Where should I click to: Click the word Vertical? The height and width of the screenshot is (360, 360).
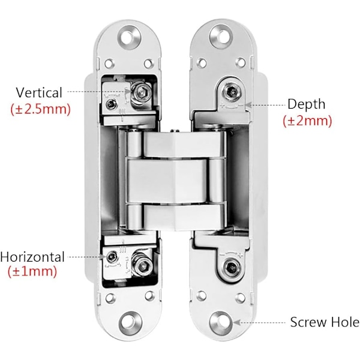point(39,92)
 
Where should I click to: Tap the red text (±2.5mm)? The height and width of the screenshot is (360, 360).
point(40,109)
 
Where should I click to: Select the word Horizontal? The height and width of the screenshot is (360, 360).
point(32,257)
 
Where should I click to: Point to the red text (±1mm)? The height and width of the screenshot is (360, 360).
point(32,271)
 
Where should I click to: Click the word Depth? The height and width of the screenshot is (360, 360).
point(306,104)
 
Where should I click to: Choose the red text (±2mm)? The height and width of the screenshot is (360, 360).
point(307,121)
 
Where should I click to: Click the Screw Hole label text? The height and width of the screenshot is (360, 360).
point(325,322)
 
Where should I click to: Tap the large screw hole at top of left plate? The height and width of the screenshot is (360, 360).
point(129,37)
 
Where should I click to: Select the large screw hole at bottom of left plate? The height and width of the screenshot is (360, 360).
point(130,323)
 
